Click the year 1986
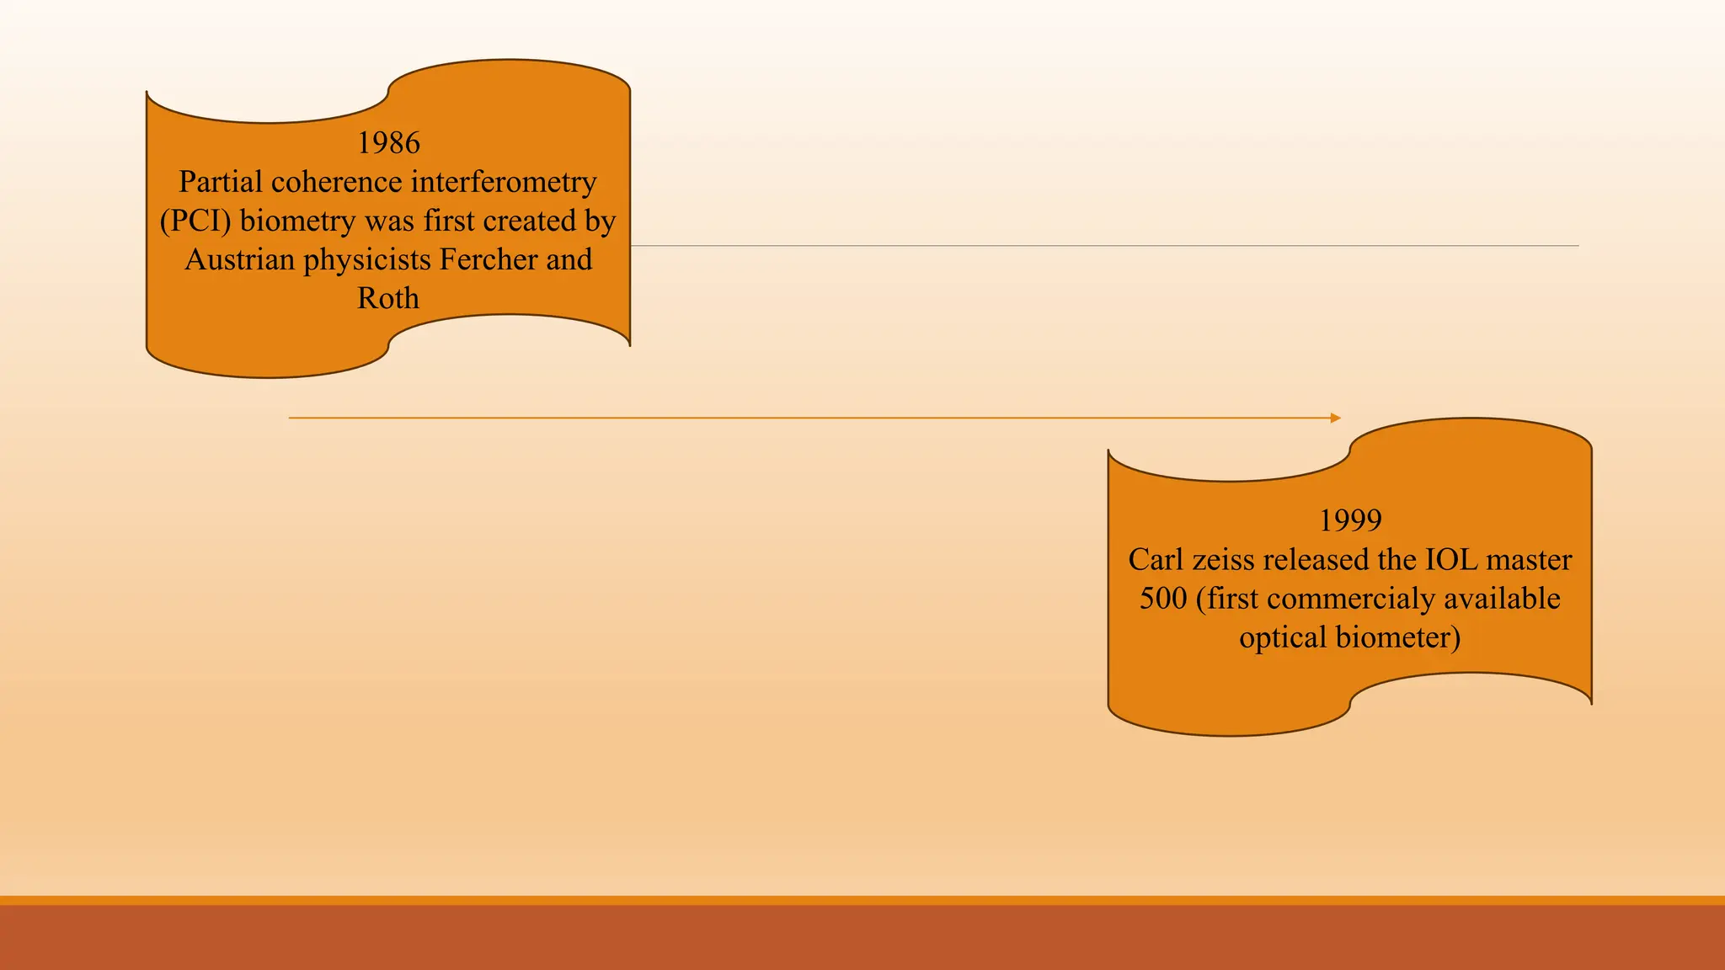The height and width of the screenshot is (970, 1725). [x=388, y=143]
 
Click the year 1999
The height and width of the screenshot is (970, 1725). [x=1350, y=520]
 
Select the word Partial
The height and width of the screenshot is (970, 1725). [x=221, y=182]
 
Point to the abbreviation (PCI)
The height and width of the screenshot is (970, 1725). [x=195, y=221]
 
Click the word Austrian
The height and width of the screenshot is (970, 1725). [x=239, y=259]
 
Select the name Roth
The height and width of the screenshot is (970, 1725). [x=388, y=298]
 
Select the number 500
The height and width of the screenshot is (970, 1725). [x=1162, y=598]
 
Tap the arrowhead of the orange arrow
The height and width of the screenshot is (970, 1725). [x=1336, y=418]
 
